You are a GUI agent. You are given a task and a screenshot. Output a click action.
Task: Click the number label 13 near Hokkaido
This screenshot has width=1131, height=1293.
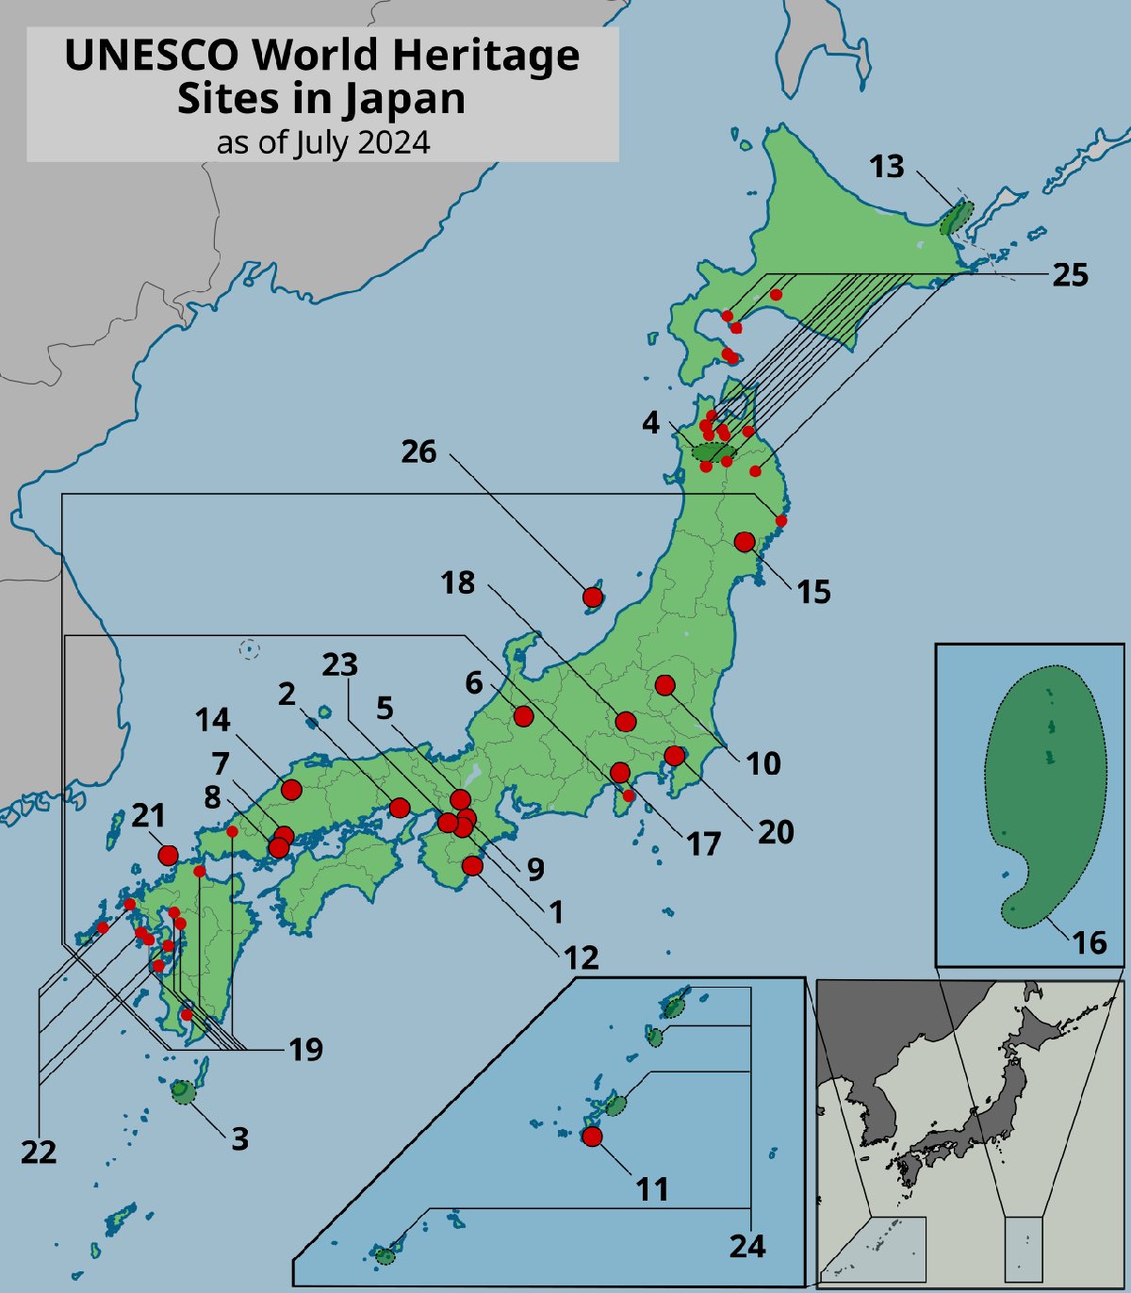[886, 167]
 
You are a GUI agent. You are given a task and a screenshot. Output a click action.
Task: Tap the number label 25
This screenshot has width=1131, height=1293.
[1070, 275]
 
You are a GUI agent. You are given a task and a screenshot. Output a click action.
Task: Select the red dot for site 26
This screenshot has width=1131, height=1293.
[592, 597]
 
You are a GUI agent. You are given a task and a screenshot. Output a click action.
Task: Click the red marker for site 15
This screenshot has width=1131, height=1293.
[745, 542]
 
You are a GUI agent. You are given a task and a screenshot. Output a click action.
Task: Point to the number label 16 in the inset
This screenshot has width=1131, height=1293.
[1090, 942]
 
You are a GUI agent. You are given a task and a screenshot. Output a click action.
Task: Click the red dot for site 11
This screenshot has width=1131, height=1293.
[592, 1137]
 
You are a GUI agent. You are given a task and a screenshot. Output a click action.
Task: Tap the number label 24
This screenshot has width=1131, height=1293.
[747, 1246]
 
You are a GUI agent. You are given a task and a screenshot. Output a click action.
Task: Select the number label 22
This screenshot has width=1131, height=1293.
[39, 1152]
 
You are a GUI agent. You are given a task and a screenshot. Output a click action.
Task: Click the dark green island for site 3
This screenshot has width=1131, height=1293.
[183, 1092]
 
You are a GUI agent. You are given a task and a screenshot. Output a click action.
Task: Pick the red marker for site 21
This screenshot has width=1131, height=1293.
[168, 855]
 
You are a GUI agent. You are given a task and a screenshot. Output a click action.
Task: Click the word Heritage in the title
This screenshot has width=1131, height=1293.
[486, 55]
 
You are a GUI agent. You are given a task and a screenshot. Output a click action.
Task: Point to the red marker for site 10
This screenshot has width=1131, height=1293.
[665, 685]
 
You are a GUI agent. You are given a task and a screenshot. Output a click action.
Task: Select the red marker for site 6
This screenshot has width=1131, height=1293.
[524, 716]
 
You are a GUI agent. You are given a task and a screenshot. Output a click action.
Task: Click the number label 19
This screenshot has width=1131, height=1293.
[305, 1049]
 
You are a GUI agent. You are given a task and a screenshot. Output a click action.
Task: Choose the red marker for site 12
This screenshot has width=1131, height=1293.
[473, 865]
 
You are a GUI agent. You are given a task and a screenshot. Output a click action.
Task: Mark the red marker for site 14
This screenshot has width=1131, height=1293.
[291, 790]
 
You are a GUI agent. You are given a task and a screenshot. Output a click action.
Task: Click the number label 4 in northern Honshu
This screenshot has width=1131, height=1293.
[651, 422]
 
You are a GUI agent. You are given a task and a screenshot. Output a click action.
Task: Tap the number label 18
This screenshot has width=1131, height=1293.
[458, 583]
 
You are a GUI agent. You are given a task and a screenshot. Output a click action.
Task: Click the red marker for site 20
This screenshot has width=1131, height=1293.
[674, 756]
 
